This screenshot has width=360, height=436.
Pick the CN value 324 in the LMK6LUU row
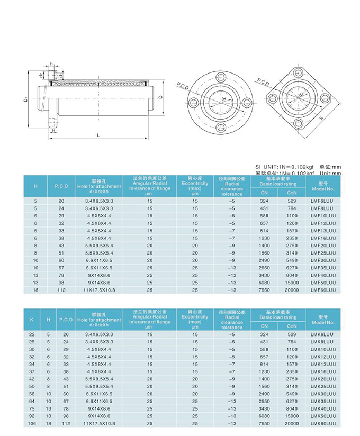(265, 335)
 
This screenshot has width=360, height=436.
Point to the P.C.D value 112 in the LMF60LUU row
(61, 290)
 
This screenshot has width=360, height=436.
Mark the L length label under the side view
(99, 135)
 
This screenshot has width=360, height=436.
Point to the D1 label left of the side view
(25, 99)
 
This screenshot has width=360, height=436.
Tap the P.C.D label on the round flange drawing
(183, 85)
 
